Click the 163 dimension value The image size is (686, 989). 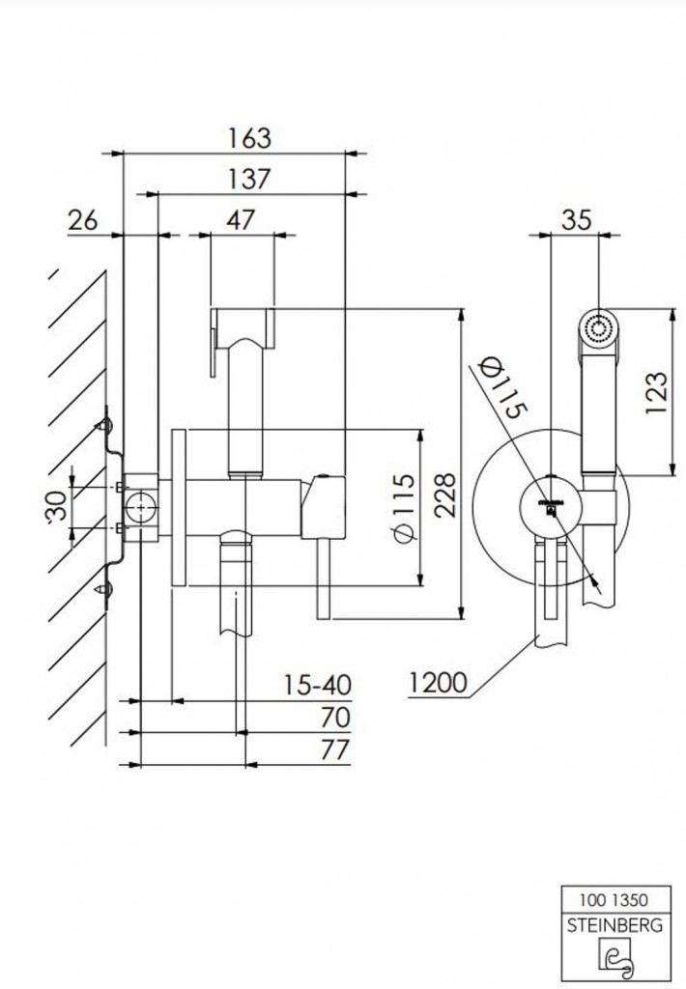(249, 138)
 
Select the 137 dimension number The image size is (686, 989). (248, 179)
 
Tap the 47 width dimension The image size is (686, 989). (241, 219)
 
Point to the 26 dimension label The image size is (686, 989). (83, 221)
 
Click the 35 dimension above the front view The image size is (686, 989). (576, 219)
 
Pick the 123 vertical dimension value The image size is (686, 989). (656, 393)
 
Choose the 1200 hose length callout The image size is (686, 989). (438, 682)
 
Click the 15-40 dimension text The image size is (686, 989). (318, 685)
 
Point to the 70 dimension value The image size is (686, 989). (335, 718)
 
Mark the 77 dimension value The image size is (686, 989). (335, 749)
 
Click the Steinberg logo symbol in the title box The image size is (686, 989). (615, 958)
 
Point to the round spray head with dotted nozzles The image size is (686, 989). (598, 327)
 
